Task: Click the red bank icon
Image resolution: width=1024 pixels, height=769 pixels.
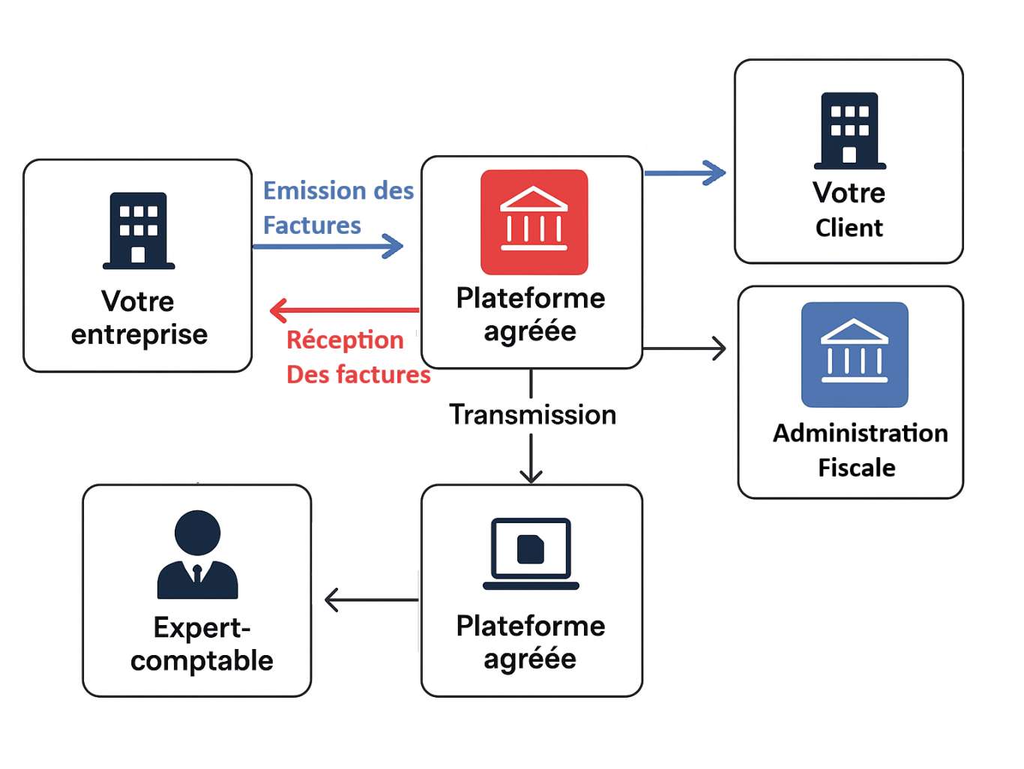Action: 534,222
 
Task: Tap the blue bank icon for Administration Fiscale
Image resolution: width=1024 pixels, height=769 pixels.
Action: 855,355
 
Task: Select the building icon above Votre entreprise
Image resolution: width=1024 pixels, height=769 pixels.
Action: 139,230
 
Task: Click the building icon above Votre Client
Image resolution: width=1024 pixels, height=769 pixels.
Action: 849,130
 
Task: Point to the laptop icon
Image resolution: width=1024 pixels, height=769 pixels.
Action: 531,553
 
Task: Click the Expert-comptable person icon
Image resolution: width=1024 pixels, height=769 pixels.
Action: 197,555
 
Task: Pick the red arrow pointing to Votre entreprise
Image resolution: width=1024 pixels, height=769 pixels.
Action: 344,310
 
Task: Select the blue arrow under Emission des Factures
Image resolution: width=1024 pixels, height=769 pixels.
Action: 328,246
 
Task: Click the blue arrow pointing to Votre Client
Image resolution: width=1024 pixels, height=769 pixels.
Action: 684,173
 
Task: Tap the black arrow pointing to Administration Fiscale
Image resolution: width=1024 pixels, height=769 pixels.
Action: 684,349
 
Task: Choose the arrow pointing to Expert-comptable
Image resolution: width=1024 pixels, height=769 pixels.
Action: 372,600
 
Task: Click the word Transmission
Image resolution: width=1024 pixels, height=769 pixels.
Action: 532,414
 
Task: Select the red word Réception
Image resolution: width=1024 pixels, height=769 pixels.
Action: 345,340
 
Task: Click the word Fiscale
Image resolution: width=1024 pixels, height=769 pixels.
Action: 856,468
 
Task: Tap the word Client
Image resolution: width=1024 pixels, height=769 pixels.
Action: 849,228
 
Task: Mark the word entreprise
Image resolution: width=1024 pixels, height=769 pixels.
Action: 139,335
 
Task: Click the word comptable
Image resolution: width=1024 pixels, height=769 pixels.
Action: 202,661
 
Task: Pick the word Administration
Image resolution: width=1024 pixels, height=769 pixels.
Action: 860,433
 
